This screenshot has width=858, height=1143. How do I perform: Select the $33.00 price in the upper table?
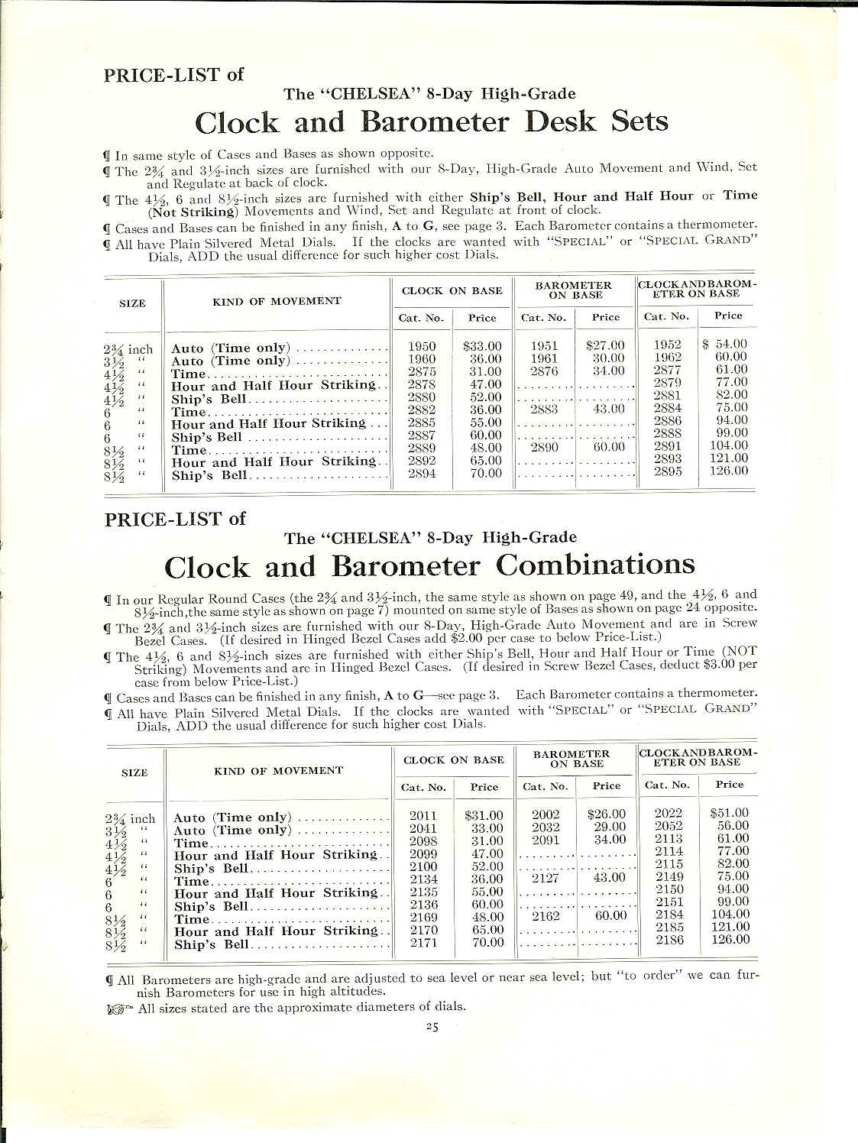[x=482, y=346]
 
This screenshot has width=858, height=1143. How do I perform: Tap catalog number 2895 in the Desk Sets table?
[x=669, y=471]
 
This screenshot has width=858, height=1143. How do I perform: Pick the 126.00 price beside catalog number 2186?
[x=730, y=939]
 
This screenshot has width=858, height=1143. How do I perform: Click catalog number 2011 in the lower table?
[x=423, y=815]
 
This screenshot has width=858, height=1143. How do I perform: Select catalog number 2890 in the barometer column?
[x=544, y=447]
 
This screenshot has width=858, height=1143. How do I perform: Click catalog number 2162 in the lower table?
[x=546, y=916]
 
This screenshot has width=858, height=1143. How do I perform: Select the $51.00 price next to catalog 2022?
[x=729, y=813]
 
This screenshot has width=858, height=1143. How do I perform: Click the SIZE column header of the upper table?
[x=132, y=303]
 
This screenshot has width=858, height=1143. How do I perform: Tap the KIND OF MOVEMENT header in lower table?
[x=278, y=771]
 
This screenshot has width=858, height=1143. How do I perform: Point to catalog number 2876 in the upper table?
[x=544, y=371]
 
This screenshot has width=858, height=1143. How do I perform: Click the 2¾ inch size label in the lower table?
[x=129, y=818]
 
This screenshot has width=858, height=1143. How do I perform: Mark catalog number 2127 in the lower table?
[x=546, y=878]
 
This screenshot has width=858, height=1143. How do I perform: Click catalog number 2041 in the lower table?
[x=423, y=827]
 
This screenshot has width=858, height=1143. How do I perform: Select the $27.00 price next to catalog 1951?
[x=605, y=345]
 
